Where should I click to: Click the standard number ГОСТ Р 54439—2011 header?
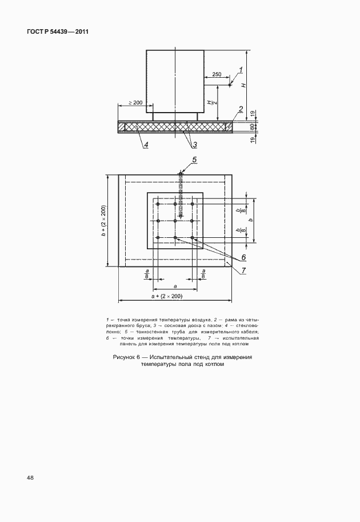(58, 31)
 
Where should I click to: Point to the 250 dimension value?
(217, 74)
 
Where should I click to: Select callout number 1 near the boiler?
(241, 70)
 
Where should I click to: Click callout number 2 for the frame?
(241, 109)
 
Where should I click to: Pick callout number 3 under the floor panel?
(194, 144)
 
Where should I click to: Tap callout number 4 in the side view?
(146, 145)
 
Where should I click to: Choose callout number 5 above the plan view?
(194, 160)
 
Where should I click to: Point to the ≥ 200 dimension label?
(135, 102)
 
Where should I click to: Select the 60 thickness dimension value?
(251, 127)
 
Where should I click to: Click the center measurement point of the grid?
(175, 221)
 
